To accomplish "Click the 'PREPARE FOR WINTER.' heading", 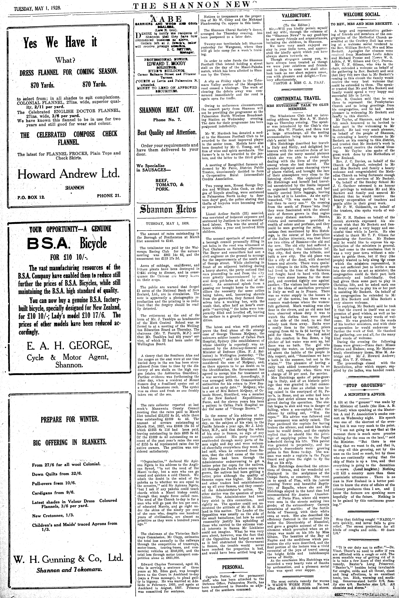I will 70,419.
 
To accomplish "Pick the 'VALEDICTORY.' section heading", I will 296,16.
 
